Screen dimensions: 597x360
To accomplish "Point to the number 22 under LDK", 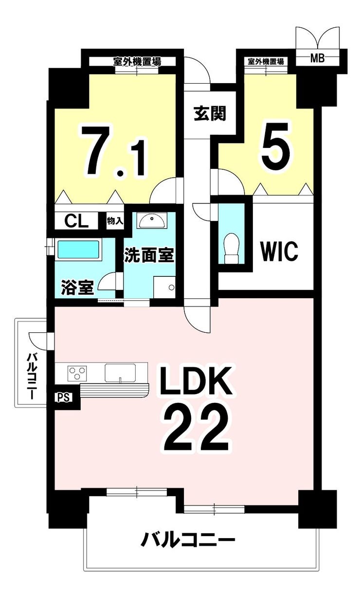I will click(196, 428).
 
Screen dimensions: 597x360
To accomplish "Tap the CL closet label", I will click(77, 221).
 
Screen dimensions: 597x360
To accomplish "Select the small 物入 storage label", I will click(115, 221).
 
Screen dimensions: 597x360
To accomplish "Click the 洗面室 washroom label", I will click(149, 255).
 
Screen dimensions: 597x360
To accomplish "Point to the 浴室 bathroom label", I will click(77, 287).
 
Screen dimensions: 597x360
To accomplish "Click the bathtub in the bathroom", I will click(79, 250).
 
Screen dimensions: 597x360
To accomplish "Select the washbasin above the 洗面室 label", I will click(151, 221).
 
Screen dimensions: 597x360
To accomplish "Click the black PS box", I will click(64, 397).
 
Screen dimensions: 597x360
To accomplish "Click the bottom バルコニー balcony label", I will click(188, 540).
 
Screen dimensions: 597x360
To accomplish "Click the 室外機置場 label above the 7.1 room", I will click(137, 62).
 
